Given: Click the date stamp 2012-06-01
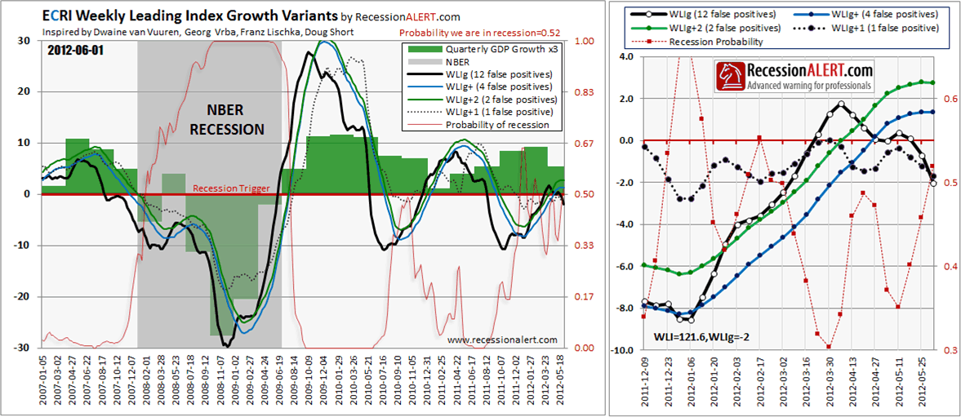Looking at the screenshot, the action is [75, 51].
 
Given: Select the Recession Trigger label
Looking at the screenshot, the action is [231, 189].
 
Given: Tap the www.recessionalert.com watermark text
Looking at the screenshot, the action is [502, 339].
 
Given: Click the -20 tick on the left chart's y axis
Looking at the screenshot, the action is [26, 297].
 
